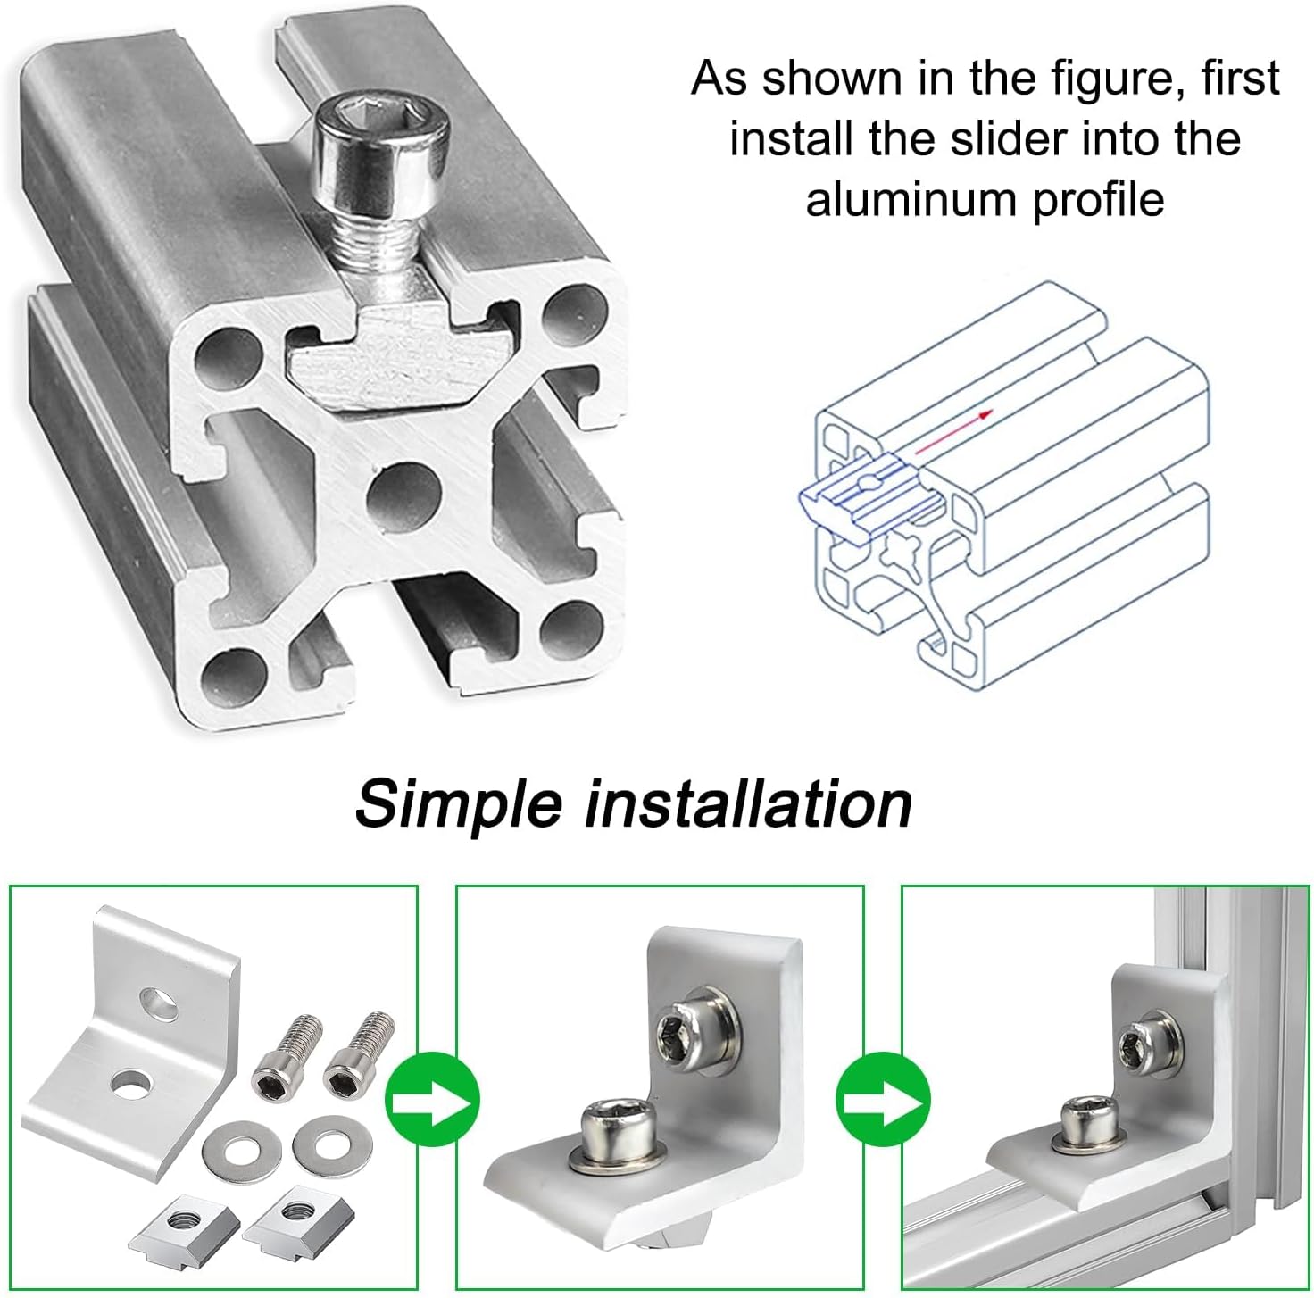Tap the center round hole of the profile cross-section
403,498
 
